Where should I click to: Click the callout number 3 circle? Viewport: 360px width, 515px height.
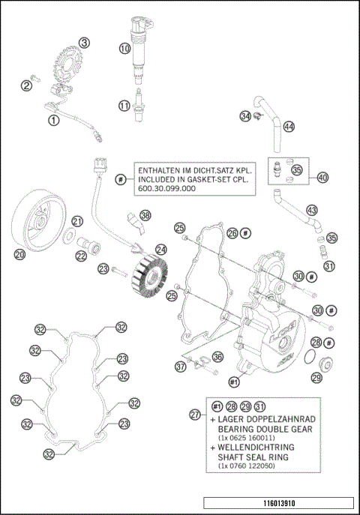[85, 43]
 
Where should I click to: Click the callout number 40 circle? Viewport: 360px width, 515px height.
[322, 178]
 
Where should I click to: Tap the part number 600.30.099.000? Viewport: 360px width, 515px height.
[166, 190]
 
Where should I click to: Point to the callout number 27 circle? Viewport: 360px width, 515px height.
[196, 415]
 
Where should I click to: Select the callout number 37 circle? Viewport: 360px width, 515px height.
[180, 367]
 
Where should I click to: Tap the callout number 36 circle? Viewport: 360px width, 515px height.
[217, 357]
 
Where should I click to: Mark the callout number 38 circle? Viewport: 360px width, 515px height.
[145, 215]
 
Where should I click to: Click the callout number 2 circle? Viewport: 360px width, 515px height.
[26, 86]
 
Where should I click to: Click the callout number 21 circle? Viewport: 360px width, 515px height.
[77, 221]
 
